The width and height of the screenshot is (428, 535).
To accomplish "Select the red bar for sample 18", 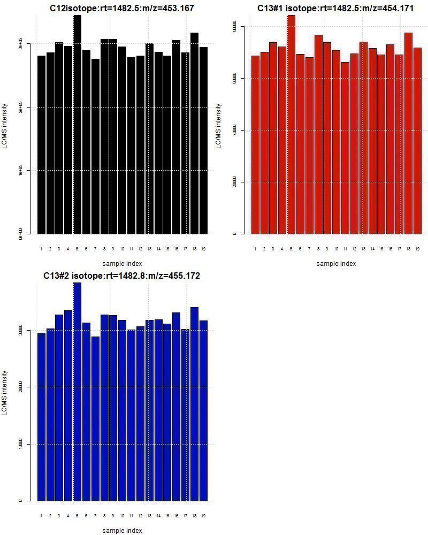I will [408, 133].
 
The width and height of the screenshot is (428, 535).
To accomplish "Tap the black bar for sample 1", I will [41, 144].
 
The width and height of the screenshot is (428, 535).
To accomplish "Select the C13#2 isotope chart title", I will [122, 276].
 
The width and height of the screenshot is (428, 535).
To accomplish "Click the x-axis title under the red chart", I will [336, 263].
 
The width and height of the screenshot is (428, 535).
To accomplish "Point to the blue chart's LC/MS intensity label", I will [5, 393].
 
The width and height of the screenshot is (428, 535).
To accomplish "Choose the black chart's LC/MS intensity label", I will [5, 126].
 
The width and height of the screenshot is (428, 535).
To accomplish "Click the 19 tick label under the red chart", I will [417, 249].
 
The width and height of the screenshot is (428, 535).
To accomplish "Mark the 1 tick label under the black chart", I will [41, 249].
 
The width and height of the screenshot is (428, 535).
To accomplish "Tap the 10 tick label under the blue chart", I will [123, 516].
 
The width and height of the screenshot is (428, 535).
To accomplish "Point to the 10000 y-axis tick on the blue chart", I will [21, 444].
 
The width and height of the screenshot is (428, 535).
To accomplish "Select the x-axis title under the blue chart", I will [122, 530].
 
